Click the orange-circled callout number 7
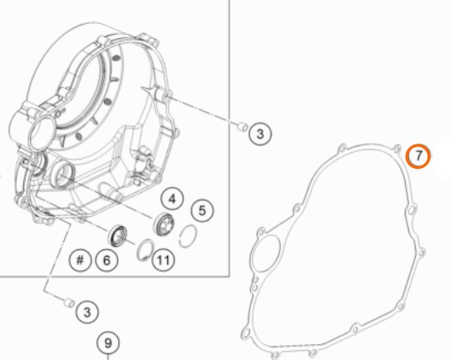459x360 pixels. tap(418, 156)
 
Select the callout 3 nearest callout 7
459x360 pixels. tap(260, 134)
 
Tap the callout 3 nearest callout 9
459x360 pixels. tap(87, 312)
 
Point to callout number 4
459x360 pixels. tap(172, 200)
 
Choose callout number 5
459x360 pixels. tap(202, 210)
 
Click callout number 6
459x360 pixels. tap(106, 260)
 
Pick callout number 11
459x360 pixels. tap(163, 259)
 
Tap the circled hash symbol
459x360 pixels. tap(80, 259)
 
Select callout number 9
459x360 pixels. tap(108, 343)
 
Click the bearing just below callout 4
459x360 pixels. tap(164, 224)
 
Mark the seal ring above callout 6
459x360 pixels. tap(118, 235)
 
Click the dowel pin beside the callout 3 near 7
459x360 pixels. tap(242, 127)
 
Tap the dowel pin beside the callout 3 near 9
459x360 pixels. tap(69, 303)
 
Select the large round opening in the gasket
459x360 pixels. tap(266, 254)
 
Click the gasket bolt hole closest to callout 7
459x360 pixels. tap(397, 150)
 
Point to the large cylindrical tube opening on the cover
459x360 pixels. tap(42, 132)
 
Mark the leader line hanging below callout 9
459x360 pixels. tap(108, 357)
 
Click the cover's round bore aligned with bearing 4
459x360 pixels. tap(62, 176)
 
